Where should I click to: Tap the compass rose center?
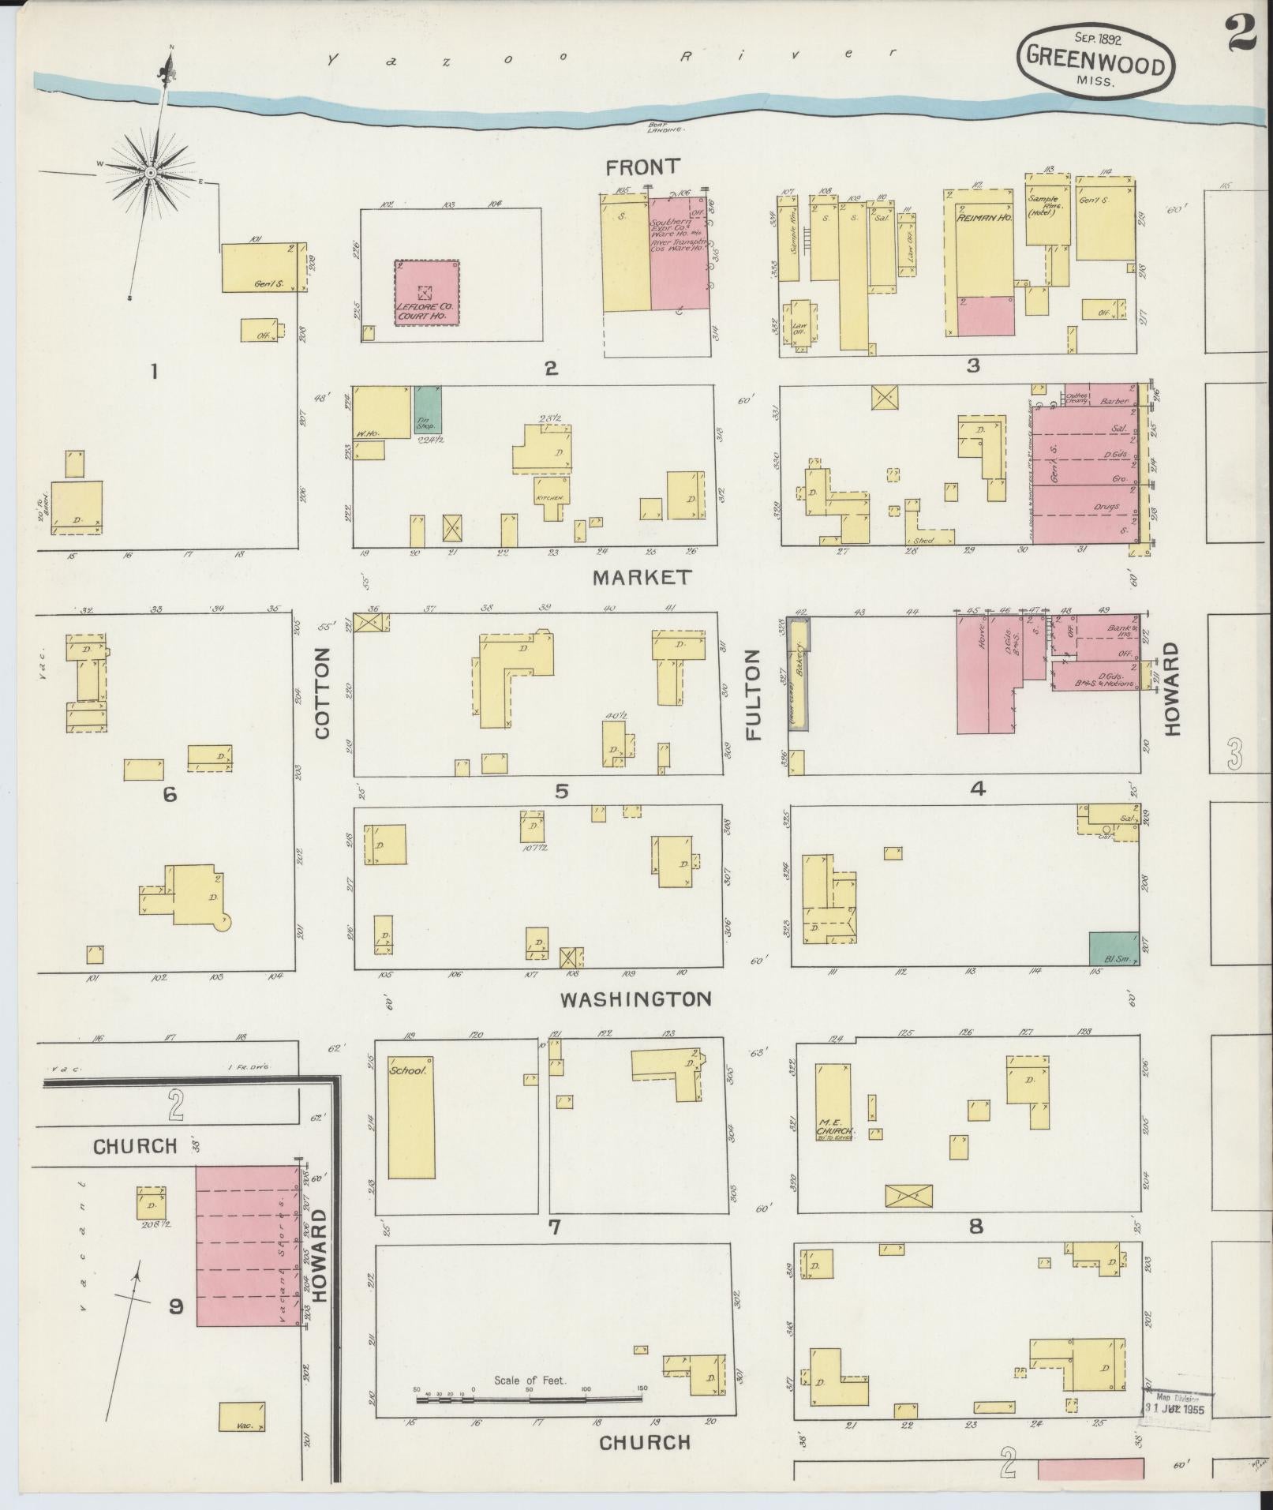[150, 171]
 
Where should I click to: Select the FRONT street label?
[642, 167]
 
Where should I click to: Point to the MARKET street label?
[641, 577]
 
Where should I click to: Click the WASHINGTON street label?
[635, 999]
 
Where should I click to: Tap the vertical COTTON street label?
[323, 693]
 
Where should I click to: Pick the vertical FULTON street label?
[754, 695]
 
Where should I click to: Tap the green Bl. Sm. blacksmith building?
[1114, 949]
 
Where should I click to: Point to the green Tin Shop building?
[428, 409]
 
